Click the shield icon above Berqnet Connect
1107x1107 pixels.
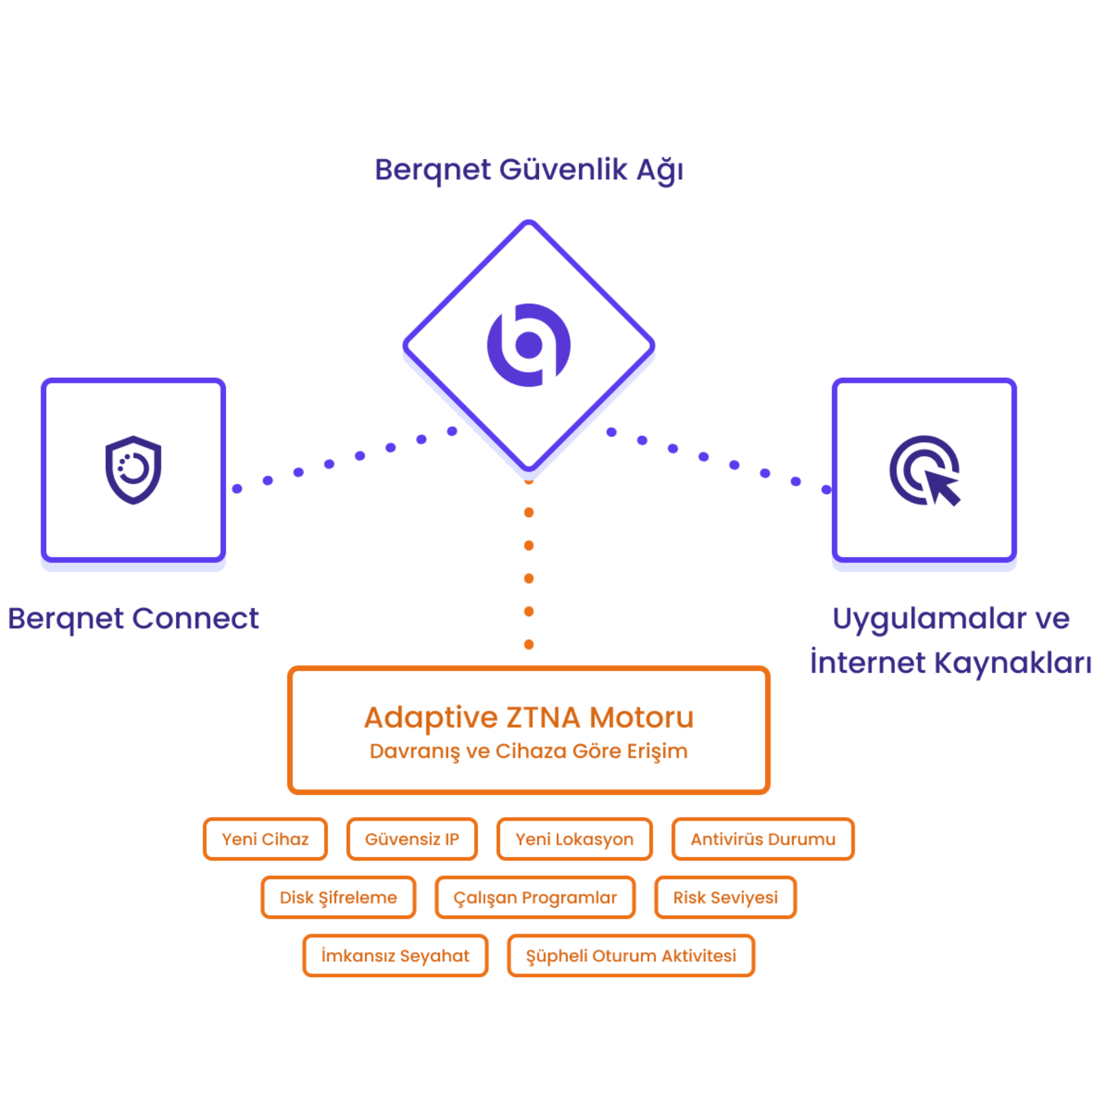coord(133,470)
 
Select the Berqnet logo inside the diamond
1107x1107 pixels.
coord(528,345)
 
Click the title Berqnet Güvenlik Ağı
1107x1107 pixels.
coord(528,170)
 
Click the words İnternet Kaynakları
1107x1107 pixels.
coord(951,663)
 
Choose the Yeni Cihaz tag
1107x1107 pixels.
coord(265,840)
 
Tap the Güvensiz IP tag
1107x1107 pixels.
coord(412,840)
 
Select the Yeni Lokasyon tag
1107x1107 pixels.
coord(574,840)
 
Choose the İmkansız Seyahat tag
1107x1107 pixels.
coord(395,956)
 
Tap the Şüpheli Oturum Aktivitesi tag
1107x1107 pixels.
coord(631,956)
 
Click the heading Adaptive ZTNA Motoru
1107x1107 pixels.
coord(528,717)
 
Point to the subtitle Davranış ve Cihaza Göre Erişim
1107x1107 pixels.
coord(528,751)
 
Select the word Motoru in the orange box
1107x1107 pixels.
coord(641,717)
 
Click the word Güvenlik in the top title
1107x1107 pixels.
coord(563,170)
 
